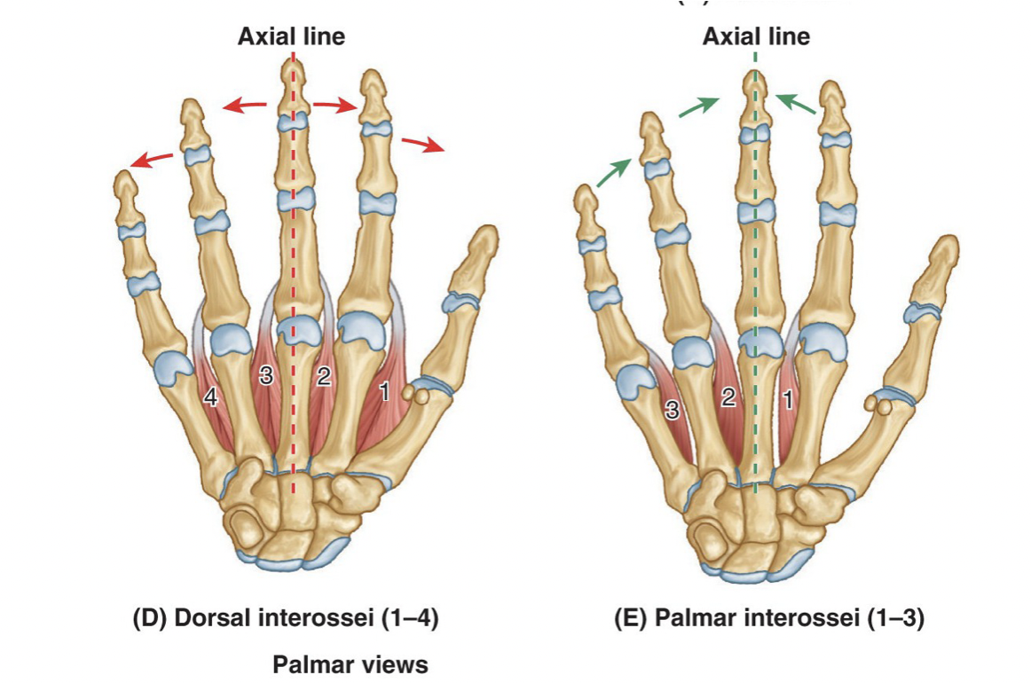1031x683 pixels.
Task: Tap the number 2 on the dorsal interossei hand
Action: pos(323,377)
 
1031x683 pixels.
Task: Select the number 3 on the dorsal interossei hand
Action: pos(265,376)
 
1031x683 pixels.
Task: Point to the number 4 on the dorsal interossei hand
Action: pos(210,397)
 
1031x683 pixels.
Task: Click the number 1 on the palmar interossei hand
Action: pos(787,399)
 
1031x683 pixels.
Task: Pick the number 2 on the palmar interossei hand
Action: pos(728,397)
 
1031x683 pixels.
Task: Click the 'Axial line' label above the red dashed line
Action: pos(291,36)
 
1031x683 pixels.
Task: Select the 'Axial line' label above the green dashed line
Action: pos(756,36)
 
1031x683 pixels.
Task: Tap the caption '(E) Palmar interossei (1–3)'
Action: pos(769,618)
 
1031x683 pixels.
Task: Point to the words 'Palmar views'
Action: pos(350,664)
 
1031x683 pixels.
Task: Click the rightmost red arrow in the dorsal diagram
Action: pos(422,144)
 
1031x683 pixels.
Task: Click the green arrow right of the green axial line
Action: pos(796,104)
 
